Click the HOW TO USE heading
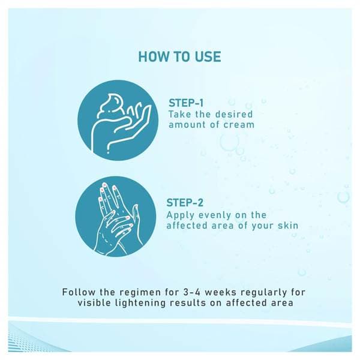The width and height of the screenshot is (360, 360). point(180,57)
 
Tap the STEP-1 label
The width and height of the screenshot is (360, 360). point(186,103)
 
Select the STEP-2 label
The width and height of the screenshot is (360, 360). point(185,203)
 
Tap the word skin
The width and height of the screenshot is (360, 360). point(288,226)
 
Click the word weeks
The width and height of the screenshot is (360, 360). point(220,292)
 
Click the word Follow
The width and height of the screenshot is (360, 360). point(79,292)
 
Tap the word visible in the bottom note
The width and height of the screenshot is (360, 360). point(94,302)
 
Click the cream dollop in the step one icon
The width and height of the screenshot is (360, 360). point(110,104)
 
